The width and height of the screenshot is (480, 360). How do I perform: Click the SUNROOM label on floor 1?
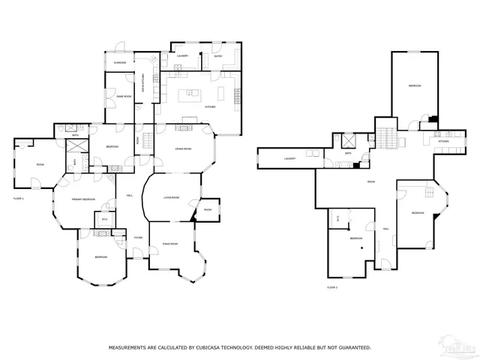[119, 62]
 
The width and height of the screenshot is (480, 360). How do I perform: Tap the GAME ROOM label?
[124, 96]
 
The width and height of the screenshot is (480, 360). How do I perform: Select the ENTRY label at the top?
[218, 56]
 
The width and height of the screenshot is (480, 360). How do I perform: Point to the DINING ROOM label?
[183, 149]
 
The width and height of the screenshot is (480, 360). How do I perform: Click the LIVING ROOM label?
[172, 197]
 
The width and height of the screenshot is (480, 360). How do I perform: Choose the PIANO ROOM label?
[169, 244]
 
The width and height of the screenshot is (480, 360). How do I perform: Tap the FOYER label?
[138, 238]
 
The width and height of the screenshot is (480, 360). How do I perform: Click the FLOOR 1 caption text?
[19, 198]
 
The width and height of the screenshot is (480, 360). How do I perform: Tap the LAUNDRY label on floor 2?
[290, 158]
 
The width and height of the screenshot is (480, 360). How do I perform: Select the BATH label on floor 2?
[349, 153]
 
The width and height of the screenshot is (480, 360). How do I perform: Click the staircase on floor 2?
[387, 137]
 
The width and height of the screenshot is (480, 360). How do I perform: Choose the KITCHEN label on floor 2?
[444, 140]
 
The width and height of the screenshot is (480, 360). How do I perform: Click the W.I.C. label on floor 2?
[339, 218]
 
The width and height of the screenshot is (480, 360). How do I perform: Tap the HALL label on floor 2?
[386, 229]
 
